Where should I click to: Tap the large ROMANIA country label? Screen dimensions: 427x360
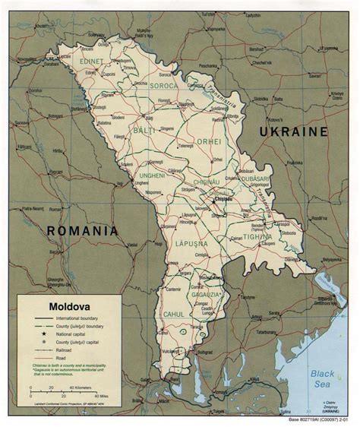click(84, 230)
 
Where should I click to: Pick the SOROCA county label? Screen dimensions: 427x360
click(163, 86)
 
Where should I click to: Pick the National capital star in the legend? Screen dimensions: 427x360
click(35, 334)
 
